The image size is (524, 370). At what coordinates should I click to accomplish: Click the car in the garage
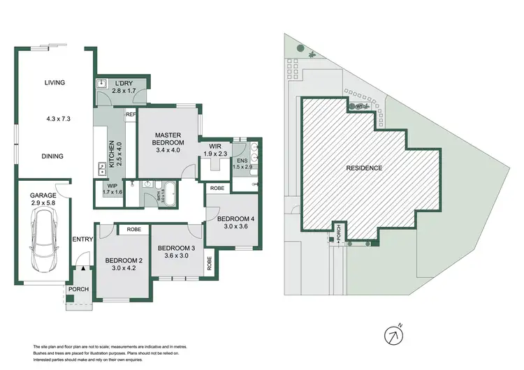(43, 238)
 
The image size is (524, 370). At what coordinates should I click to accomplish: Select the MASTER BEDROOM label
(168, 140)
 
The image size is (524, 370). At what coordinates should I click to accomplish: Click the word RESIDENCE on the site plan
(365, 168)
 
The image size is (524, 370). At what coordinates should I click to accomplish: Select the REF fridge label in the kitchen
(130, 114)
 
